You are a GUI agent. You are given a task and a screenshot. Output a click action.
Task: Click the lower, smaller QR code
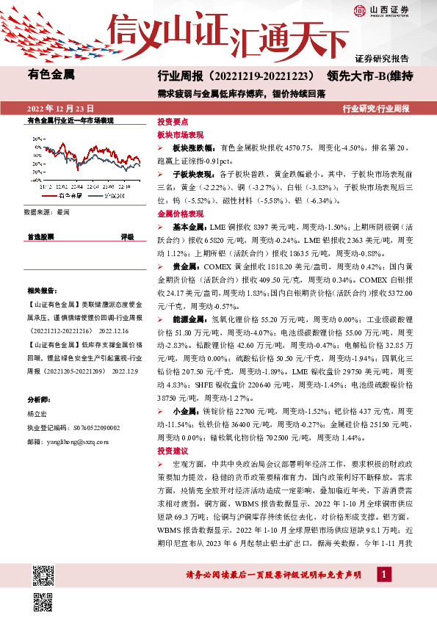[x=43, y=600]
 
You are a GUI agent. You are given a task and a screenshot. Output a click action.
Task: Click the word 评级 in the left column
[x=127, y=237]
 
